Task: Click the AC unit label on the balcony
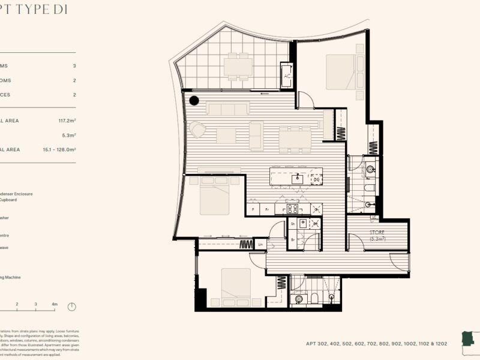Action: point(287,76)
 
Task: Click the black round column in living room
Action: point(194,101)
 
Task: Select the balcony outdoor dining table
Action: point(238,67)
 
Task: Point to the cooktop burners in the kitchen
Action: point(293,209)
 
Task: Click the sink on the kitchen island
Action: point(298,178)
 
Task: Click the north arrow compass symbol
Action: point(72,307)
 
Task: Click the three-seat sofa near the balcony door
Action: point(227,109)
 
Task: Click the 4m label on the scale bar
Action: point(55,305)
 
